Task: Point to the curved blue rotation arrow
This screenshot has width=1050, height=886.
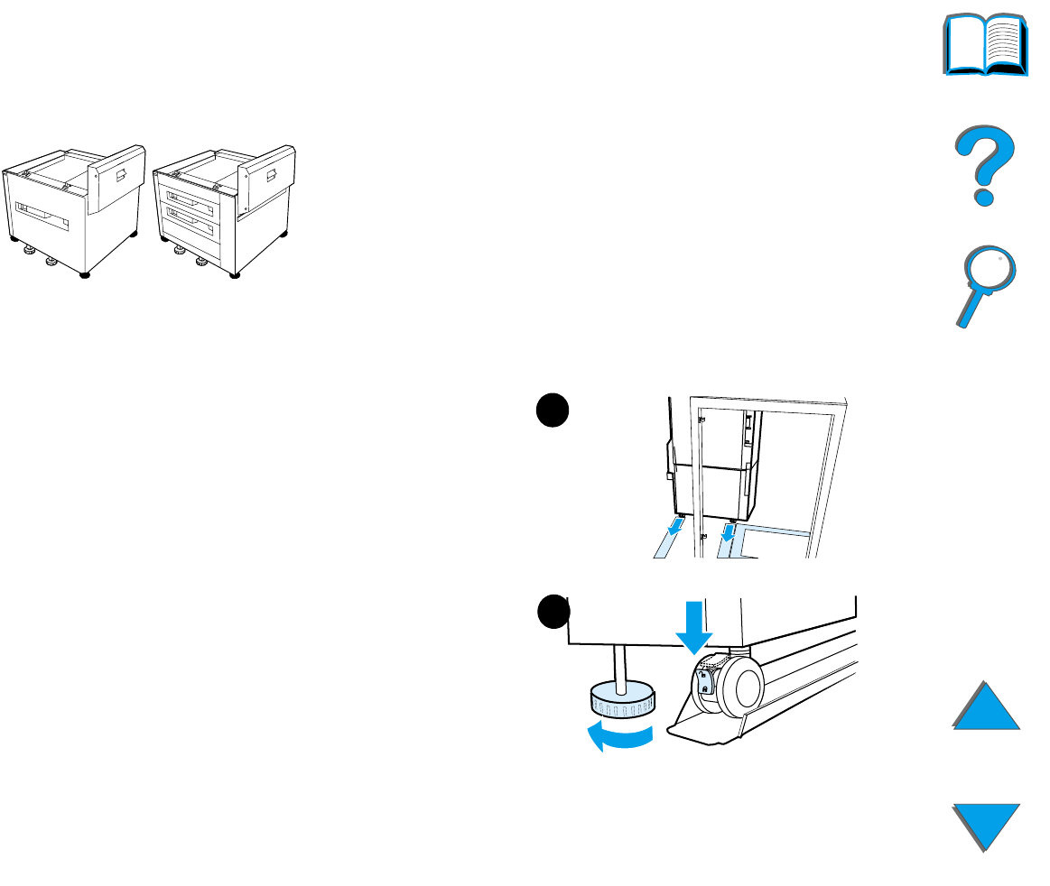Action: (619, 736)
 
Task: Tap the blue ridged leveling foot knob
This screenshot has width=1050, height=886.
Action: (623, 697)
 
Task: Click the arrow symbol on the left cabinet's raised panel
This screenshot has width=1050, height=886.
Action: (120, 174)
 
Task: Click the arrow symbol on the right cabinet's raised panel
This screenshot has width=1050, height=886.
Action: (270, 174)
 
